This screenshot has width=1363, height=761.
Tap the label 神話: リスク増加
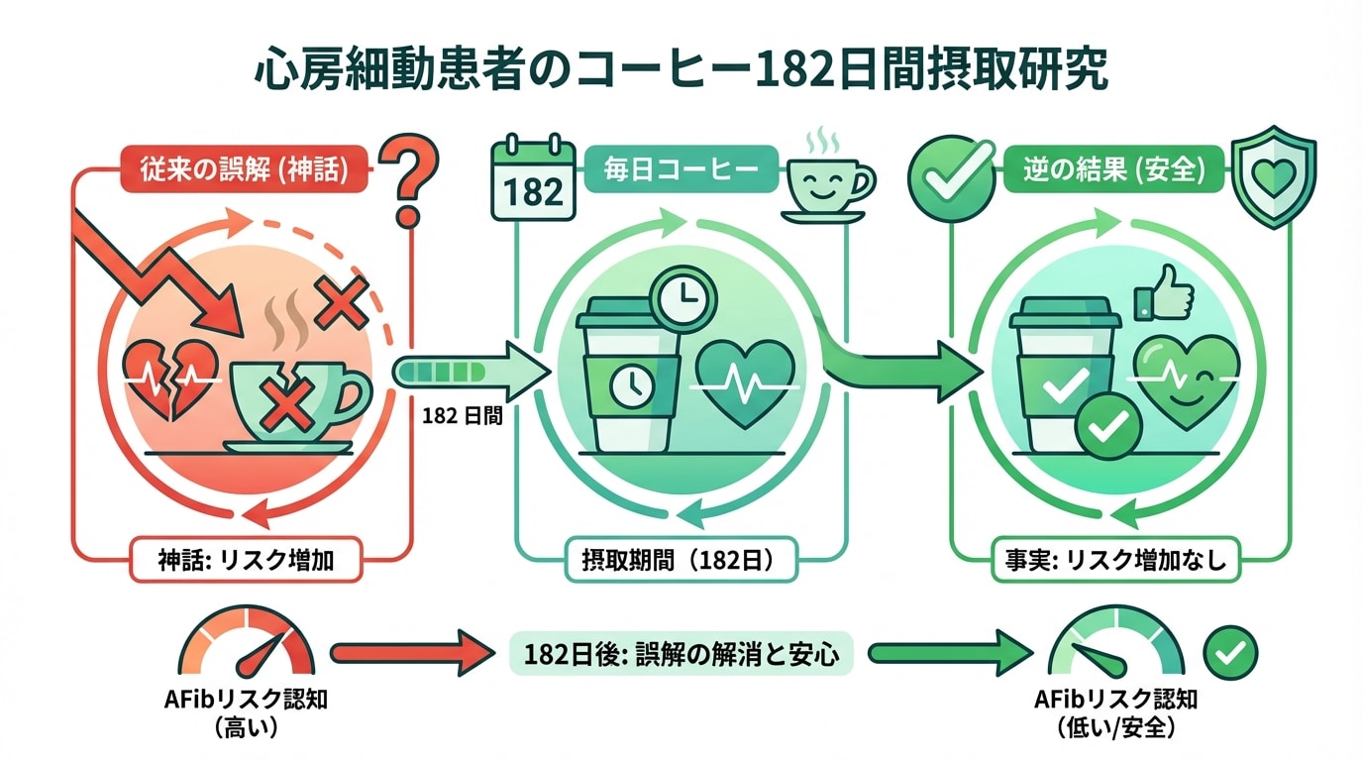click(244, 561)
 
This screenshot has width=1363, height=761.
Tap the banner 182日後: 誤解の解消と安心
click(681, 654)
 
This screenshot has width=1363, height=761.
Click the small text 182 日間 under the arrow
click(462, 417)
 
